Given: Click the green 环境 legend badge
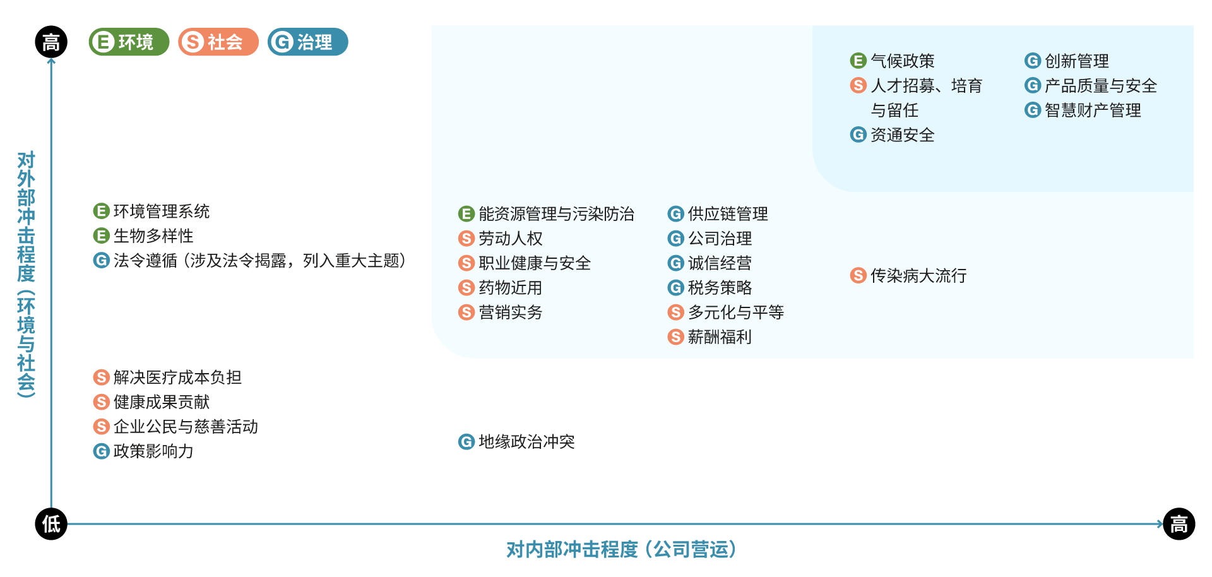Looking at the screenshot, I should coord(129,42).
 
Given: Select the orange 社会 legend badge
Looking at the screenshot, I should coord(218,42).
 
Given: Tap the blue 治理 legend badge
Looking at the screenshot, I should coord(307,42).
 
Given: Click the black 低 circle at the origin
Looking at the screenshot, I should coord(51,524).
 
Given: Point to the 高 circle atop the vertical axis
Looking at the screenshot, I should coord(51,42).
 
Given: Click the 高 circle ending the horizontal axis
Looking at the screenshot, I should coord(1179,524).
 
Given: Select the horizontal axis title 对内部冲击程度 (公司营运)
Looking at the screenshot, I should coord(621,549).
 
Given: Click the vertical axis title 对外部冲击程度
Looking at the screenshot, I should coord(26,274).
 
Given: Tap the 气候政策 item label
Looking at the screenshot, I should coord(902,61).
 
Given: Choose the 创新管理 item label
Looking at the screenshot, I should coord(1076,61).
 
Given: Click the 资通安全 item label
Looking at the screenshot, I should coord(902,135).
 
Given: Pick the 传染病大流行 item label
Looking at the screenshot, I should coord(918,276).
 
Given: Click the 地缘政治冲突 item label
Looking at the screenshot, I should coord(526,442).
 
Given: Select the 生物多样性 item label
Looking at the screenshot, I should coord(153,236).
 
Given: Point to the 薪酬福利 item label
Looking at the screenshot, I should coord(720,337).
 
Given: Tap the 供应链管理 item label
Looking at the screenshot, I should coord(728,214).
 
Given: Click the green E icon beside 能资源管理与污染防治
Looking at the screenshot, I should coord(466,214).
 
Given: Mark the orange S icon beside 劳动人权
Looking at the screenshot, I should coord(466,239).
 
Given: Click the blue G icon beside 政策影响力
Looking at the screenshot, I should coord(101,451).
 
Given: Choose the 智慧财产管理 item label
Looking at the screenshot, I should coord(1093,110).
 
